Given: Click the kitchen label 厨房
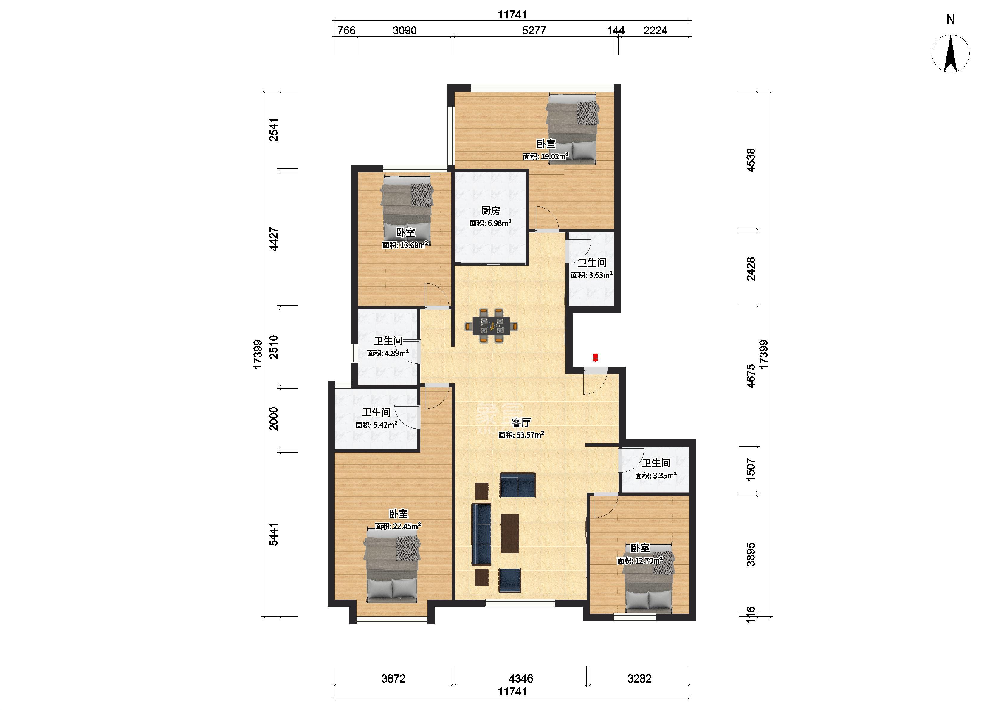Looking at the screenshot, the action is pyautogui.click(x=490, y=211).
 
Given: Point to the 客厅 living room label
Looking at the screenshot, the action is pyautogui.click(x=521, y=422).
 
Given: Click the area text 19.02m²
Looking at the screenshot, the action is pyautogui.click(x=555, y=156).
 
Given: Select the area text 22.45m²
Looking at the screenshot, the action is pyautogui.click(x=407, y=526).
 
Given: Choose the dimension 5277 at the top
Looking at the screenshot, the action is pyautogui.click(x=534, y=31).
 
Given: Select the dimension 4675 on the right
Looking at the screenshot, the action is pyautogui.click(x=750, y=376).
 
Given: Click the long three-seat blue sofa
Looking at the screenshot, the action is pyautogui.click(x=481, y=534).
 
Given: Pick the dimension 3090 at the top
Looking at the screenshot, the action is pyautogui.click(x=405, y=31).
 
